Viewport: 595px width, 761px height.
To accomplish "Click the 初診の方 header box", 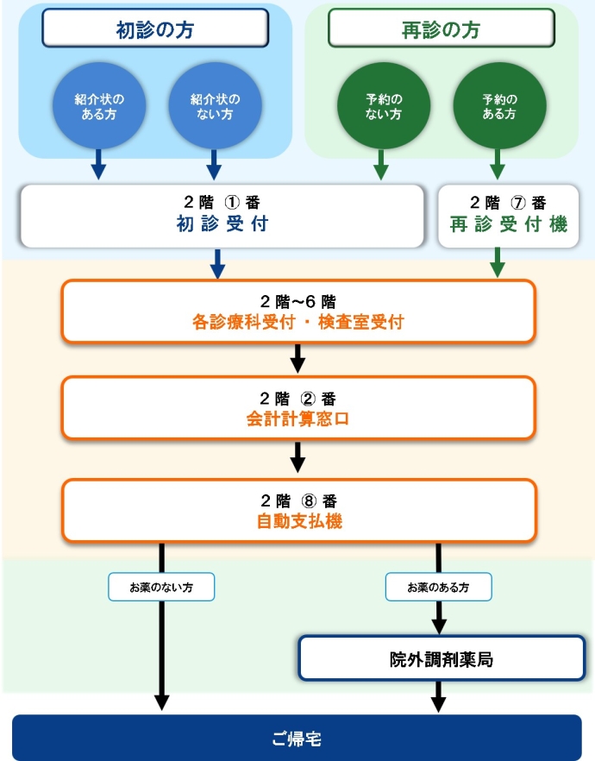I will click(x=155, y=29).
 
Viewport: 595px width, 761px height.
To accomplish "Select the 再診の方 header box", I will click(x=441, y=29).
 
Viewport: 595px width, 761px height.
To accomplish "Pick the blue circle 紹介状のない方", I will click(x=215, y=106).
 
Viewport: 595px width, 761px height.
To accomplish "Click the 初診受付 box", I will click(x=222, y=215).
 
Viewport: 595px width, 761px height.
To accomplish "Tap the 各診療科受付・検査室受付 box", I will click(x=297, y=311).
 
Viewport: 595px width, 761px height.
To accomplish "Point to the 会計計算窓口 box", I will click(x=297, y=409).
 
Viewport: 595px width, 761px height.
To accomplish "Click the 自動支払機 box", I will click(x=297, y=511).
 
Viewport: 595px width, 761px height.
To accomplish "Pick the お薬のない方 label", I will click(x=160, y=587).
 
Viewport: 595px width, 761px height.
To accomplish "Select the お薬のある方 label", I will click(x=438, y=587).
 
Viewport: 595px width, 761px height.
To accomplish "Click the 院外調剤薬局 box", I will click(x=441, y=659).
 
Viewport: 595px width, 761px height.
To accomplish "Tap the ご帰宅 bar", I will click(x=297, y=738).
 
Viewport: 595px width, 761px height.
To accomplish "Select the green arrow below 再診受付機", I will click(x=498, y=262).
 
